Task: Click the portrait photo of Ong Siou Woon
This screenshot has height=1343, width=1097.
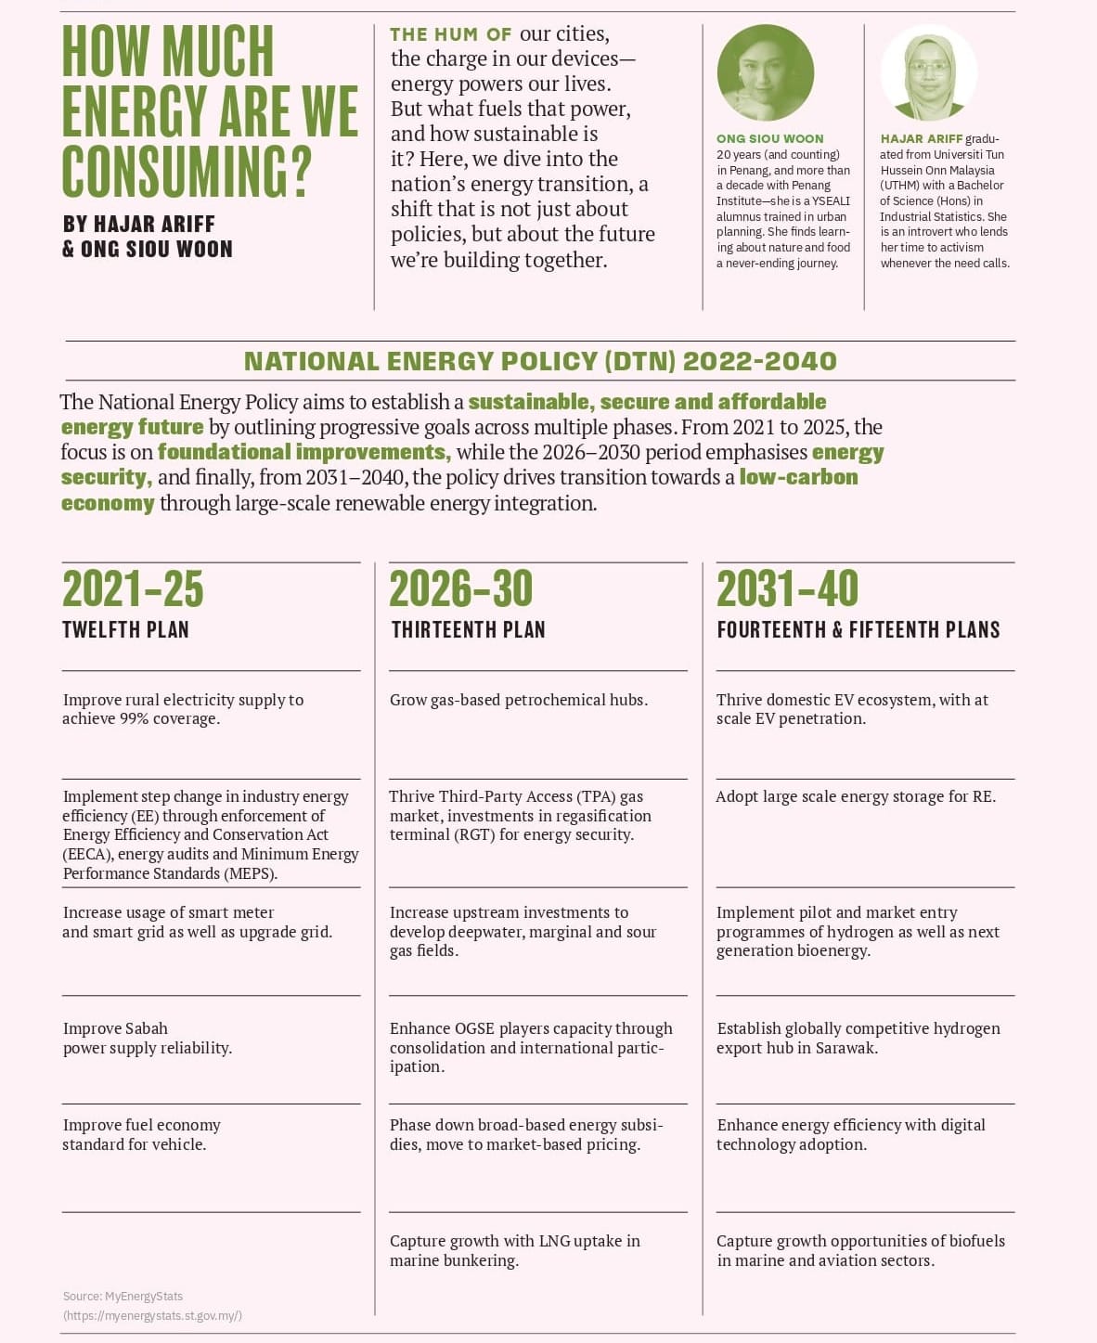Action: [766, 73]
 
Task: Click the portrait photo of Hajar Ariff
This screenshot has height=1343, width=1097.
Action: [928, 73]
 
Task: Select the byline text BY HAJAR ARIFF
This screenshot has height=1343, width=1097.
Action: [139, 224]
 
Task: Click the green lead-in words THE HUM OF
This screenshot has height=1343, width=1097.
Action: [450, 34]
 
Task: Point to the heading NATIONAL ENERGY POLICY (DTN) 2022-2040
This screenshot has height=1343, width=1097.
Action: [540, 361]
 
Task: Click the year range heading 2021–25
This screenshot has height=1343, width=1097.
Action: [133, 588]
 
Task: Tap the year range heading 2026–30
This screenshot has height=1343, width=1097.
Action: [461, 588]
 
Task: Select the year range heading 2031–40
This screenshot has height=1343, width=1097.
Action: [788, 588]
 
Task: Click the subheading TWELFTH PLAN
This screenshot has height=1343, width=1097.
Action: [125, 630]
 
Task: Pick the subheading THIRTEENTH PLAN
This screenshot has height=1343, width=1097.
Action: [468, 630]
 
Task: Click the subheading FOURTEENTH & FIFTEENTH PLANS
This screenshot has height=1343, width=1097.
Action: [858, 630]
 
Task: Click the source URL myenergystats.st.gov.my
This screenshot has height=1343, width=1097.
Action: [153, 1315]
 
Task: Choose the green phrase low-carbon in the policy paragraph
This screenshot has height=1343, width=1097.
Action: [798, 477]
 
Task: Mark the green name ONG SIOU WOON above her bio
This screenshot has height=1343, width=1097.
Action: [769, 138]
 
